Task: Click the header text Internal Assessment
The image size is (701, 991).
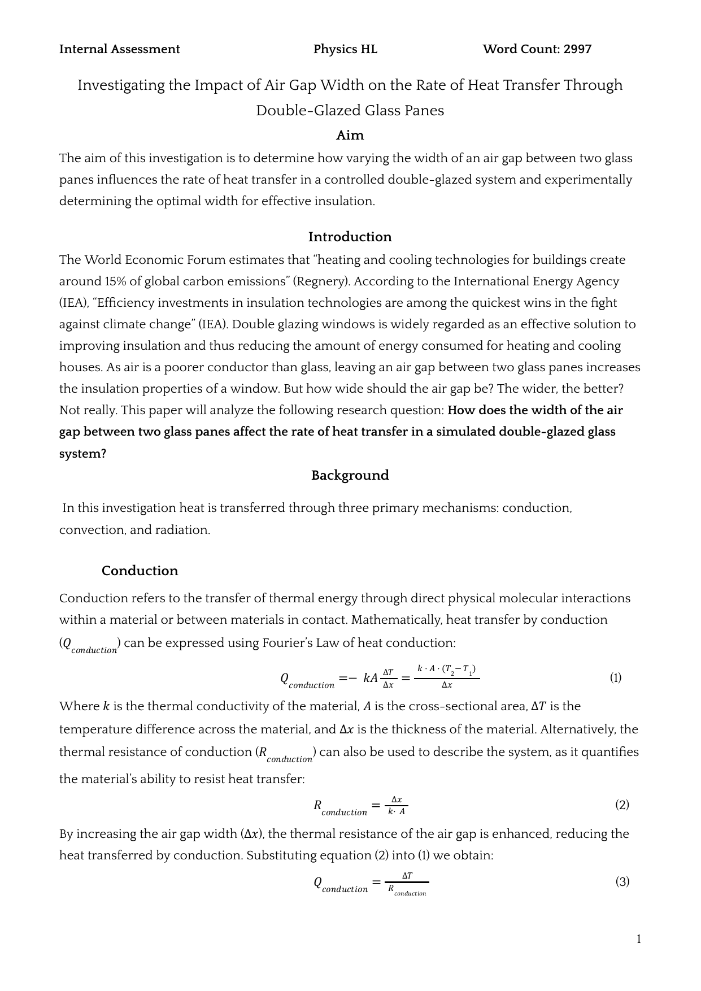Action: (119, 49)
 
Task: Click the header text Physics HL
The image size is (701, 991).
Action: (345, 49)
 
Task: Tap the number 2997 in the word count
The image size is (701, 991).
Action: (577, 49)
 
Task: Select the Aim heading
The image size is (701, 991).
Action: (350, 136)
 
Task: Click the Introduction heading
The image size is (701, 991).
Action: (350, 237)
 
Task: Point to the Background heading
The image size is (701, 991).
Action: (350, 475)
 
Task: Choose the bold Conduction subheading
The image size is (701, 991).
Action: (140, 571)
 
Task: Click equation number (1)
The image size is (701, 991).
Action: (616, 677)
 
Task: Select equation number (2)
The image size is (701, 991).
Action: (622, 805)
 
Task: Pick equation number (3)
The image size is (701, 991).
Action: (622, 881)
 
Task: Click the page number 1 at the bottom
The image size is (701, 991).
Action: (639, 940)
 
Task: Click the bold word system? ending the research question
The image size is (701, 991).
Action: (82, 454)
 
